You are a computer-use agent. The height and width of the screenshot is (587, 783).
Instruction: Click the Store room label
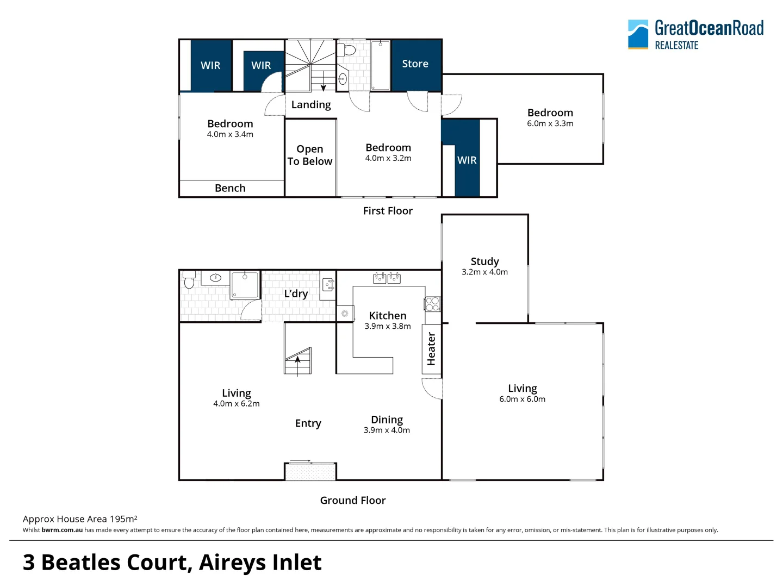pyautogui.click(x=415, y=64)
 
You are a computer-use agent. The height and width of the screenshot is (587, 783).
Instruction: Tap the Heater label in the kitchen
pyautogui.click(x=431, y=349)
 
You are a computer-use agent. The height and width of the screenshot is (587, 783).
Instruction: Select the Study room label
pyautogui.click(x=484, y=261)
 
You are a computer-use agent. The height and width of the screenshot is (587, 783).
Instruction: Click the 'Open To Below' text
pyautogui.click(x=310, y=155)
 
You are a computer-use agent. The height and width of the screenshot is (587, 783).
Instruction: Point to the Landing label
pyautogui.click(x=311, y=104)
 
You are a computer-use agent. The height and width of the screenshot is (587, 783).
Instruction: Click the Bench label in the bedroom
pyautogui.click(x=230, y=188)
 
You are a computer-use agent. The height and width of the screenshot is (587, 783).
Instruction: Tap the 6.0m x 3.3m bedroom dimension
pyautogui.click(x=550, y=123)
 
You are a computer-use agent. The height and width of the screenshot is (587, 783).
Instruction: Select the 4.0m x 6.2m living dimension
pyautogui.click(x=236, y=404)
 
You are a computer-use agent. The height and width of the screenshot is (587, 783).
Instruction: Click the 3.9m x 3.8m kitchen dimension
pyautogui.click(x=387, y=326)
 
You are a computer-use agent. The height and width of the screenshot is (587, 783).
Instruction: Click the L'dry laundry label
pyautogui.click(x=296, y=293)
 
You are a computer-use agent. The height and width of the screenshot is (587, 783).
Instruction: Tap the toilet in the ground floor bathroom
pyautogui.click(x=189, y=280)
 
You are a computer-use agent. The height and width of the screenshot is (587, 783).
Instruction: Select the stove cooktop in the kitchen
pyautogui.click(x=432, y=304)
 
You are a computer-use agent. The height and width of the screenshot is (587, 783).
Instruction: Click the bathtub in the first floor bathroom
pyautogui.click(x=380, y=65)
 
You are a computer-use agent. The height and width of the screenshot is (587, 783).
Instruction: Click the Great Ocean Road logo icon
pyautogui.click(x=638, y=34)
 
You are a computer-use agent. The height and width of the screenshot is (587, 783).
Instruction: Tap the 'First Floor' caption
pyautogui.click(x=388, y=211)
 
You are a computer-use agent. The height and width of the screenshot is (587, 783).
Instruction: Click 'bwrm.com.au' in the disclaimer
pyautogui.click(x=62, y=530)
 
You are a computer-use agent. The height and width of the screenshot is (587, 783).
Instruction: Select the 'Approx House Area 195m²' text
pyautogui.click(x=80, y=519)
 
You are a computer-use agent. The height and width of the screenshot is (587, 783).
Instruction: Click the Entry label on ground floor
pyautogui.click(x=308, y=423)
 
